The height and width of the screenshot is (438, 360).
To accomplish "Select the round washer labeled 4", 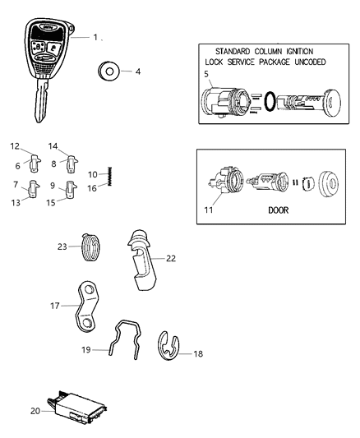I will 107,71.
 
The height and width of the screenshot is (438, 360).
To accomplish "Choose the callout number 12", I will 14,146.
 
